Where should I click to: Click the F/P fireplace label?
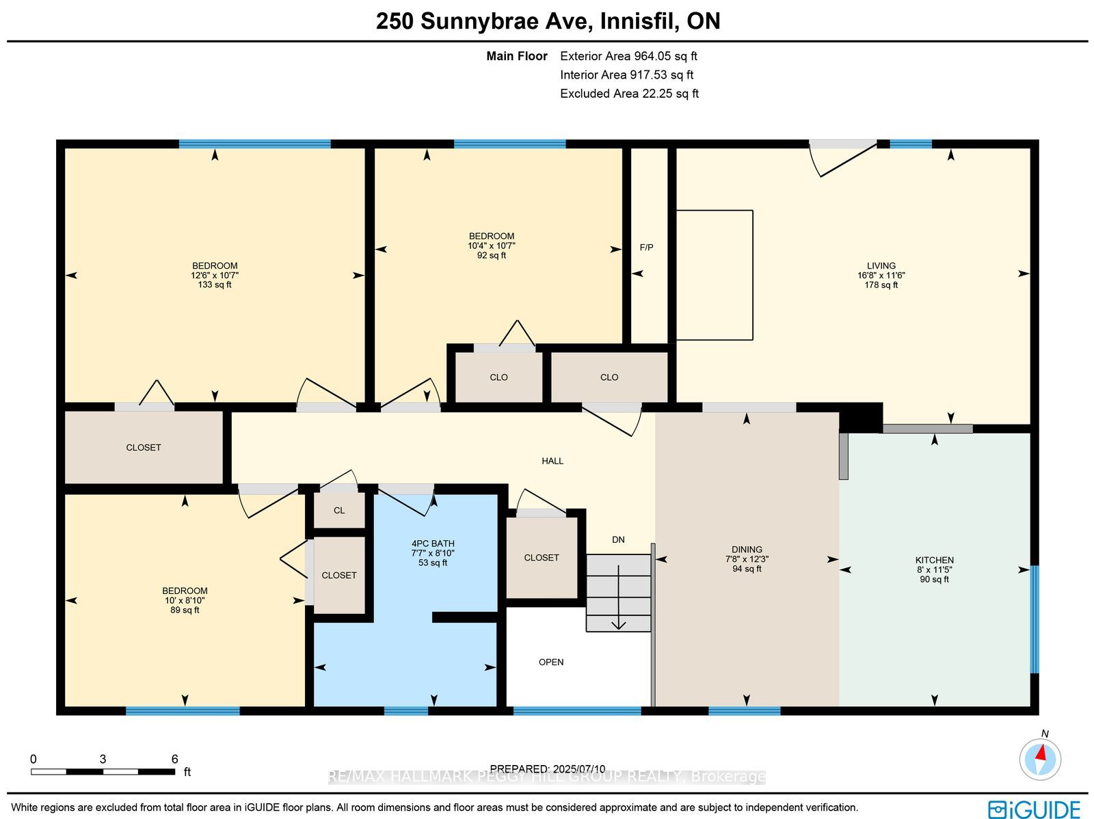[x=646, y=247]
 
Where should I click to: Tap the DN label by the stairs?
[x=618, y=539]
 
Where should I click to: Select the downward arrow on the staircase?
[x=619, y=598]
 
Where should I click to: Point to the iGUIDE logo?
[x=1034, y=809]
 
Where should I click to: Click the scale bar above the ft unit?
[x=103, y=772]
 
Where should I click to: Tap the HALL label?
[x=552, y=461]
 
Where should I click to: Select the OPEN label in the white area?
[x=551, y=662]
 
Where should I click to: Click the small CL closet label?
[x=339, y=510]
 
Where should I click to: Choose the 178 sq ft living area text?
[x=881, y=285]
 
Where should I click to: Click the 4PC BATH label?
[x=433, y=543]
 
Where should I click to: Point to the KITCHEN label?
[x=935, y=560]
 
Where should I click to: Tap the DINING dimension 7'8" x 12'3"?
[x=747, y=559]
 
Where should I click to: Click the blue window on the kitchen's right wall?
[x=1035, y=619]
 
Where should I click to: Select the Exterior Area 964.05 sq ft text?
[x=628, y=56]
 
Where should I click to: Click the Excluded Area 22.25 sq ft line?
[x=629, y=94]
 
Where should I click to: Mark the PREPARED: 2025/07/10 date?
[x=547, y=768]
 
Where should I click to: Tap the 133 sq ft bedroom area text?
[x=215, y=285]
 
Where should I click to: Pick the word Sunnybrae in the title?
[x=507, y=21]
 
